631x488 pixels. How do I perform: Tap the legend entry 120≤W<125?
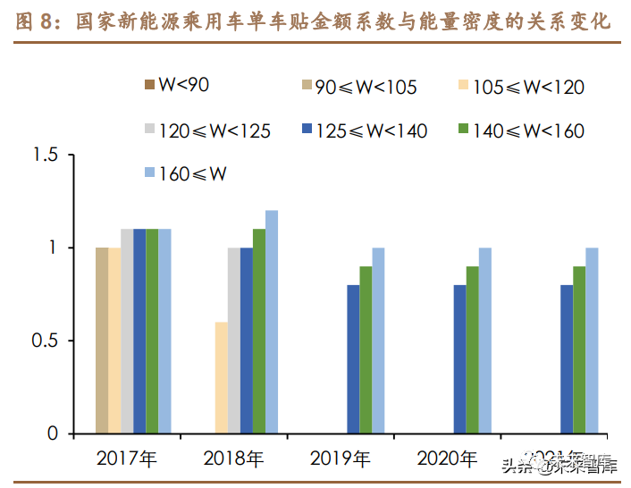(x=206, y=130)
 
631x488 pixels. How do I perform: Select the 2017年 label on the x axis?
(x=127, y=459)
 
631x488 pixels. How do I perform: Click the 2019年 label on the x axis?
(x=340, y=459)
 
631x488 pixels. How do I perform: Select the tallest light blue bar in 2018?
(x=272, y=322)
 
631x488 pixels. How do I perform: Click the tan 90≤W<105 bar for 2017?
(x=102, y=341)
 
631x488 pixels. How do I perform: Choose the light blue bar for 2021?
(x=592, y=341)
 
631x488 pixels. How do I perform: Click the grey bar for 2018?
(x=233, y=341)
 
